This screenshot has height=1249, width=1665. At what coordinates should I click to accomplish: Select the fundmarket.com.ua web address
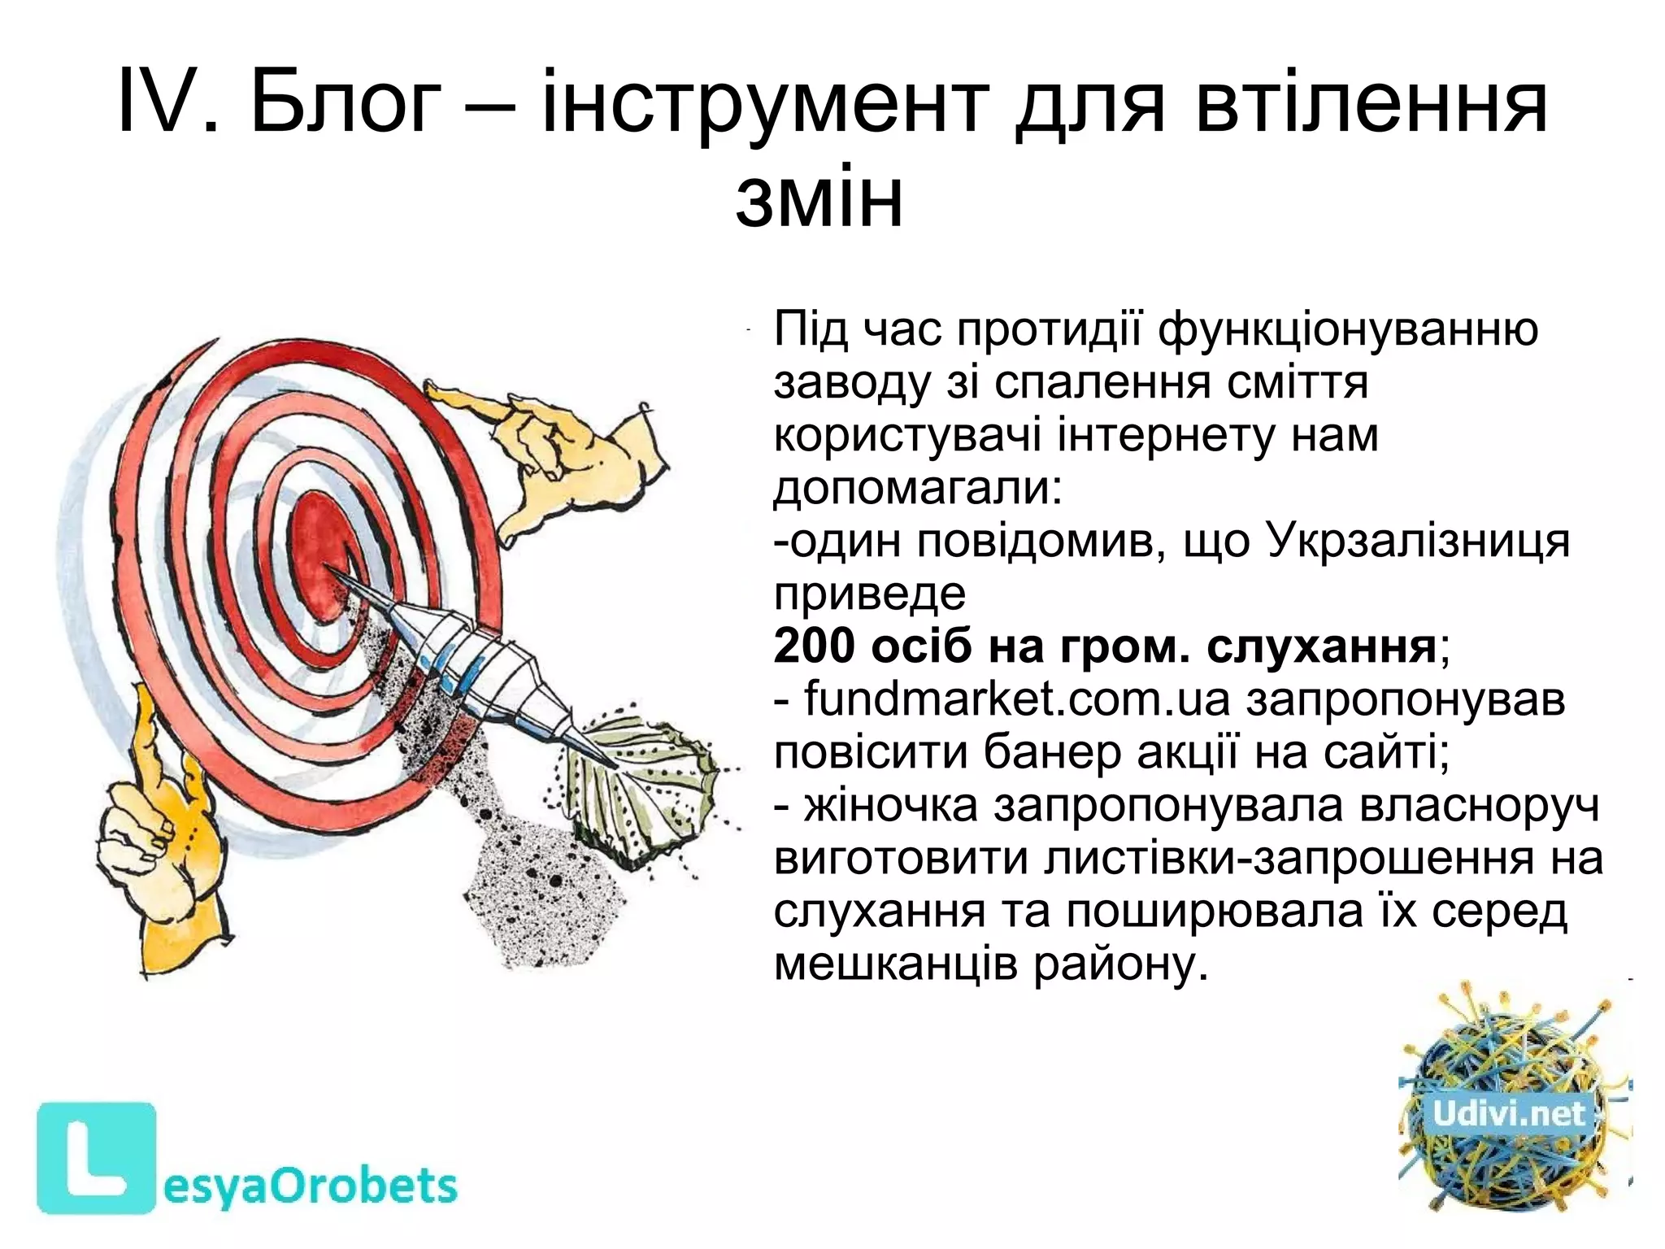[1017, 700]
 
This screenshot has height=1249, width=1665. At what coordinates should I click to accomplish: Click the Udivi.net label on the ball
[1509, 1114]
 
